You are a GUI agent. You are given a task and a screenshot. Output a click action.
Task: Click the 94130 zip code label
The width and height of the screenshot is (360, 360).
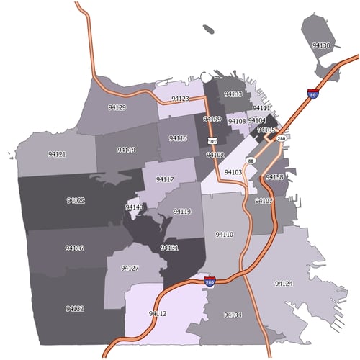click(321, 45)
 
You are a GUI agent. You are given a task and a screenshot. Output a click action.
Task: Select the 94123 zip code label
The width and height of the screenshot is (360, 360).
click(180, 99)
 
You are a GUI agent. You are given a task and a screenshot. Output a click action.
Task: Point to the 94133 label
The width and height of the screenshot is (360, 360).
click(233, 94)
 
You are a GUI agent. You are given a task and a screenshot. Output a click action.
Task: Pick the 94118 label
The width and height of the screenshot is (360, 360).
click(126, 150)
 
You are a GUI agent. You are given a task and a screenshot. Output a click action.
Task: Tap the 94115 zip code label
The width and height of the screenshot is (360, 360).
click(178, 138)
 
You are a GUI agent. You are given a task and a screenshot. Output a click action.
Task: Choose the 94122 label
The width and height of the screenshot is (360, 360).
click(76, 200)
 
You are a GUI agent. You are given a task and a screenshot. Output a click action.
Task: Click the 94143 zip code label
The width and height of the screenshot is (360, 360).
click(135, 207)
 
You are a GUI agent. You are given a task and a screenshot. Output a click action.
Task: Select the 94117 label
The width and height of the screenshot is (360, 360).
click(165, 179)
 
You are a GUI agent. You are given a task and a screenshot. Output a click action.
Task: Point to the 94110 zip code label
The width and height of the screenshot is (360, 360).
click(224, 235)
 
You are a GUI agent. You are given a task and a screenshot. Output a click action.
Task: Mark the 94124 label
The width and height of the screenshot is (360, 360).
click(284, 284)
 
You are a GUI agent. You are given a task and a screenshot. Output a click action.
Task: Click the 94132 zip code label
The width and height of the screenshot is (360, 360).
click(75, 308)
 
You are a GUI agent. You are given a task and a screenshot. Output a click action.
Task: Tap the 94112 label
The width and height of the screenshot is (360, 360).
click(158, 314)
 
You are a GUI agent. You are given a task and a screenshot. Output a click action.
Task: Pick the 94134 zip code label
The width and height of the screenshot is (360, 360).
click(232, 315)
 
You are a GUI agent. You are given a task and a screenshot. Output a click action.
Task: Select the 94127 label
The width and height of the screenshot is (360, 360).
click(130, 268)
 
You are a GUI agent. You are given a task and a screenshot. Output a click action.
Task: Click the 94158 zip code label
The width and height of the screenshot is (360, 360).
click(274, 177)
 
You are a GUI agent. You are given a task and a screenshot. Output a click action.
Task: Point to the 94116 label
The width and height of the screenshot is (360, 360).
click(74, 248)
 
